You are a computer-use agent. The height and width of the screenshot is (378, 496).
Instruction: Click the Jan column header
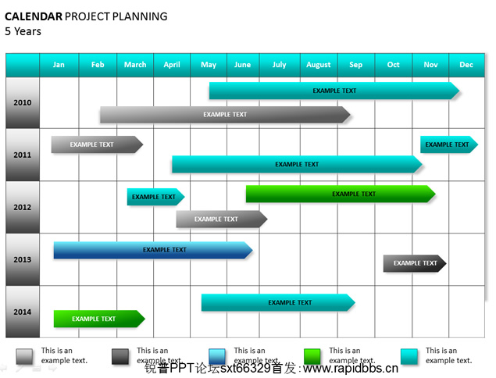[59, 65]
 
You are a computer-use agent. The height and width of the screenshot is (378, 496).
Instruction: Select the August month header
[319, 65]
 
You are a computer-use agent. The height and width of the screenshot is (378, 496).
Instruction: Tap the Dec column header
[466, 65]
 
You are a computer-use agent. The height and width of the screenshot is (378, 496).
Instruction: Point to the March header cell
[135, 65]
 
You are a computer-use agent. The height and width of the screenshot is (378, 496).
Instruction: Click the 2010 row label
[23, 102]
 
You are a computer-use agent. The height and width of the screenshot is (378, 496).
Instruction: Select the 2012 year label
[23, 207]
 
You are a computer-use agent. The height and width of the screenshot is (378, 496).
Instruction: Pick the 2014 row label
[23, 312]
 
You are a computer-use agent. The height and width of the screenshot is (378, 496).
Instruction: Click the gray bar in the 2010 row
[225, 115]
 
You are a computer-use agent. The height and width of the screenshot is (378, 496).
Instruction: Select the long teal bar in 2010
[334, 91]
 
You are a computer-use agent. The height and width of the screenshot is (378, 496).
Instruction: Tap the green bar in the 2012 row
[341, 194]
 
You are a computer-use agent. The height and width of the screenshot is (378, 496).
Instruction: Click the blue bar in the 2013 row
[153, 250]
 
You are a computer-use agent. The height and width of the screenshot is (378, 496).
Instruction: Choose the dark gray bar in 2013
[415, 263]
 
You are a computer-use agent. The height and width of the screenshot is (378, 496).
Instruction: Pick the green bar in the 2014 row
[99, 319]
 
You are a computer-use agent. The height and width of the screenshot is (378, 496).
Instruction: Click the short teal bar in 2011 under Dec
[449, 144]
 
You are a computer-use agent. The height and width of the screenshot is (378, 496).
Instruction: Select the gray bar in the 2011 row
[97, 144]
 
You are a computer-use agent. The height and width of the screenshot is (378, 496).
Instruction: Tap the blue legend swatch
[217, 357]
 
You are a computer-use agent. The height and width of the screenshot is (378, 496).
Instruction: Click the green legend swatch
[312, 357]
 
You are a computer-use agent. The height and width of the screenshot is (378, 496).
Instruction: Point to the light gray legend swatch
[24, 357]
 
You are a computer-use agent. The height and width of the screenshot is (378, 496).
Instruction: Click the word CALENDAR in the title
[34, 16]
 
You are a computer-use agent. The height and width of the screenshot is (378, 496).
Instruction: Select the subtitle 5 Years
[23, 31]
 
